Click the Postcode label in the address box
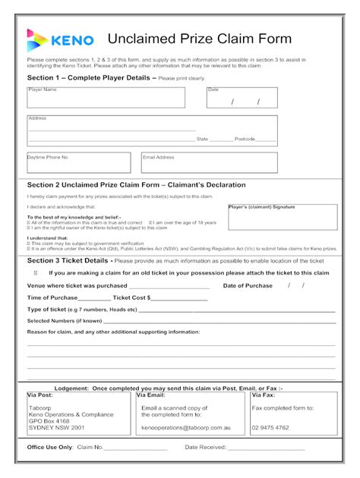pyautogui.click(x=245, y=139)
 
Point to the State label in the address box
pyautogui.click(x=202, y=139)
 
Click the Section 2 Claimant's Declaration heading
pyautogui.click(x=136, y=184)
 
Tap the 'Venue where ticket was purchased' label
pyautogui.click(x=77, y=285)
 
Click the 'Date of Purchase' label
pyautogui.click(x=247, y=285)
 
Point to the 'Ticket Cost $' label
pyautogui.click(x=126, y=297)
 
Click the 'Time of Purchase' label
pyautogui.click(x=52, y=297)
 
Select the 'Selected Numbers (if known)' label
pyautogui.click(x=65, y=320)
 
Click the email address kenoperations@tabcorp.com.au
pyautogui.click(x=182, y=427)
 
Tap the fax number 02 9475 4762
pyautogui.click(x=270, y=427)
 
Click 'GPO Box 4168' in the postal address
pyautogui.click(x=49, y=420)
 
